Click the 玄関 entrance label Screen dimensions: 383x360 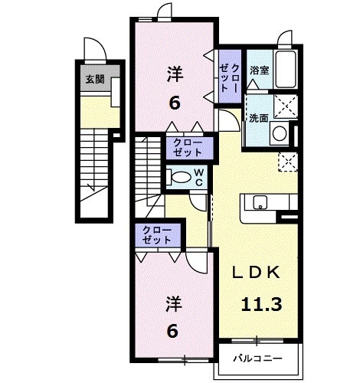(94, 79)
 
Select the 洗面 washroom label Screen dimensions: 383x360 (258, 118)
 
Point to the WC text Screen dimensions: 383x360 (198, 178)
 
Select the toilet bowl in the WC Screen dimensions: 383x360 (181, 178)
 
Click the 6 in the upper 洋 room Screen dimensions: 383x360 (175, 103)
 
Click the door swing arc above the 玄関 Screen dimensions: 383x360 (92, 47)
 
